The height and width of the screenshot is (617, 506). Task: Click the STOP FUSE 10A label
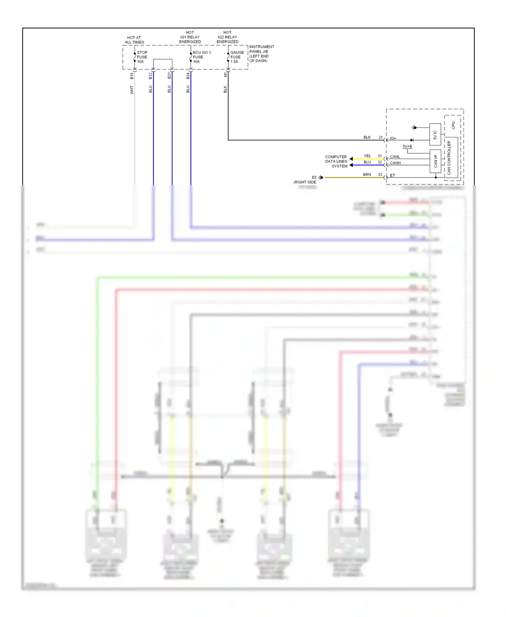[142, 57]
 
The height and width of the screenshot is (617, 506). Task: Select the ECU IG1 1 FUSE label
[201, 57]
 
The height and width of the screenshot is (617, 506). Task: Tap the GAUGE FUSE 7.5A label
[237, 57]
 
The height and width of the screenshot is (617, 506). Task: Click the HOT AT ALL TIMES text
[134, 40]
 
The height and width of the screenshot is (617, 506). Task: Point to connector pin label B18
[132, 76]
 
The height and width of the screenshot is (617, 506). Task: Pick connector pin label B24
[188, 76]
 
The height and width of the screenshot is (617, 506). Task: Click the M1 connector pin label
[225, 75]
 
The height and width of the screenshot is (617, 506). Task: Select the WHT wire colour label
[132, 90]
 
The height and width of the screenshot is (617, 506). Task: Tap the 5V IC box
[435, 135]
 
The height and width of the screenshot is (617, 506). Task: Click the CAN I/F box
[435, 161]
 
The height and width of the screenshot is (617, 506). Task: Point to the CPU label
[453, 125]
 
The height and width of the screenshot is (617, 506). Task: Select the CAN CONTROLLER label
[449, 158]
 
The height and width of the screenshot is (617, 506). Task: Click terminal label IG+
[393, 138]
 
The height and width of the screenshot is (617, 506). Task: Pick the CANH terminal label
[395, 163]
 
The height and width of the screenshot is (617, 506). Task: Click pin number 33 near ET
[380, 175]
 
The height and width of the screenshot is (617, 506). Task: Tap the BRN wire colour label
[367, 175]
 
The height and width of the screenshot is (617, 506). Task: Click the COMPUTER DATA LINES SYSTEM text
[336, 161]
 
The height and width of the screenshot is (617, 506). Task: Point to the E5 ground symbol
[320, 177]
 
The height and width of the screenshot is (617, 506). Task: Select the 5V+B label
[407, 146]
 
